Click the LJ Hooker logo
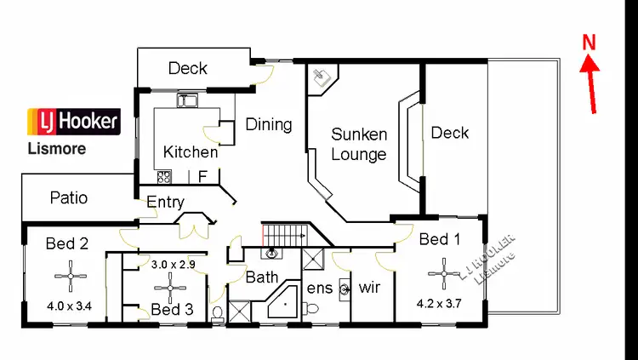click(74, 123)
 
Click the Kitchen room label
click(191, 152)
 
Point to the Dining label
click(269, 124)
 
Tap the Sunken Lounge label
click(359, 144)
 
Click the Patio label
click(69, 198)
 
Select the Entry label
click(166, 202)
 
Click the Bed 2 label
click(67, 243)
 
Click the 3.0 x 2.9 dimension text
click(174, 265)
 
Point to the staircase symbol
click(285, 234)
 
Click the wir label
click(370, 287)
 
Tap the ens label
click(320, 288)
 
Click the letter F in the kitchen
click(202, 177)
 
